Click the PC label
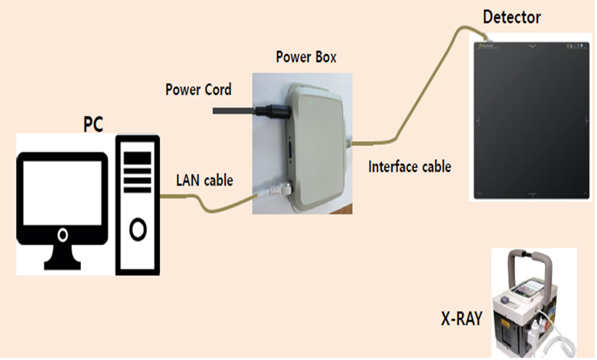[93, 124]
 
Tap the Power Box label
[306, 58]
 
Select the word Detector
[512, 17]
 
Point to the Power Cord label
[198, 90]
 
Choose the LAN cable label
[205, 180]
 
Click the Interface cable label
[410, 166]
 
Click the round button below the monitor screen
[62, 235]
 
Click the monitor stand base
[62, 265]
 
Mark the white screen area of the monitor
[62, 190]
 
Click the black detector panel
[532, 119]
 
